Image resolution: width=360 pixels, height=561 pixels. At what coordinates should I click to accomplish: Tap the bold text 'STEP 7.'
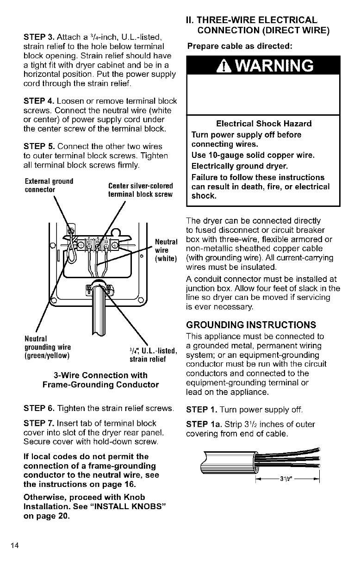click(x=38, y=424)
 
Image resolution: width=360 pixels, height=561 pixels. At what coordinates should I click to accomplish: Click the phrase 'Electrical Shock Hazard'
click(x=264, y=124)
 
